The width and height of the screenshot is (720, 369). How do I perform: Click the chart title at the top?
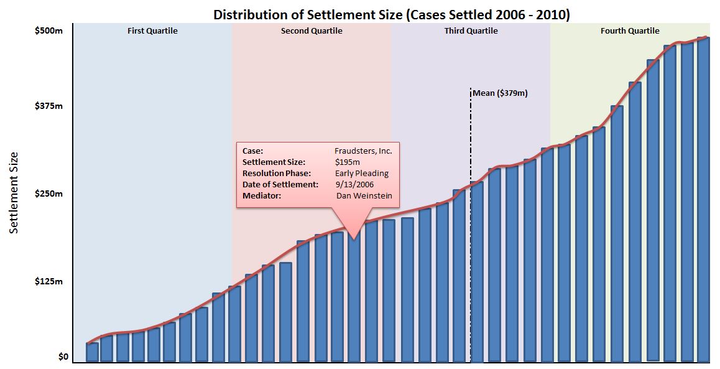pos(392,14)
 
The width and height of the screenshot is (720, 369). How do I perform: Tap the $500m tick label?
pos(48,30)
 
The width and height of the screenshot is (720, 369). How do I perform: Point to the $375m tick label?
pos(48,106)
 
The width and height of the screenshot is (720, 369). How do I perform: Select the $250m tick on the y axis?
pos(48,194)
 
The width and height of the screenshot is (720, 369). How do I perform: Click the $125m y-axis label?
pos(48,282)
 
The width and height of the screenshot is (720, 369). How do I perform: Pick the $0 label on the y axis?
pos(63,357)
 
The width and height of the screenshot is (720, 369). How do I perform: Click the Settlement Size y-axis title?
pos(14,193)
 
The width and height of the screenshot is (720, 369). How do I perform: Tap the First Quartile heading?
pos(152,30)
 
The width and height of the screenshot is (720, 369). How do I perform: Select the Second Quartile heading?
pos(312,30)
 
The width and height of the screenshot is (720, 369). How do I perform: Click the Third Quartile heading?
pos(471,30)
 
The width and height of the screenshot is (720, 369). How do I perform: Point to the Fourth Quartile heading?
pos(630,30)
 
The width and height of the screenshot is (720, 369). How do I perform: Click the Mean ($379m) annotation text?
pos(500,93)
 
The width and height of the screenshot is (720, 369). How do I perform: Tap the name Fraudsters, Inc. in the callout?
pos(363,151)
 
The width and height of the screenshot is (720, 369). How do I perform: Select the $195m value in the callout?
pos(348,162)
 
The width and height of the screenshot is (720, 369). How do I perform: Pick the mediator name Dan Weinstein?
pos(364,195)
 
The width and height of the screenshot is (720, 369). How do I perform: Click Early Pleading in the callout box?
pos(361,173)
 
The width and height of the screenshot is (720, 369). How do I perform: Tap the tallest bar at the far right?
pos(703,199)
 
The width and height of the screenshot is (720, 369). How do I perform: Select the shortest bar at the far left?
pos(92,352)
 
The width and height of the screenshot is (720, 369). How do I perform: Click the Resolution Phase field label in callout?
pos(277,173)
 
